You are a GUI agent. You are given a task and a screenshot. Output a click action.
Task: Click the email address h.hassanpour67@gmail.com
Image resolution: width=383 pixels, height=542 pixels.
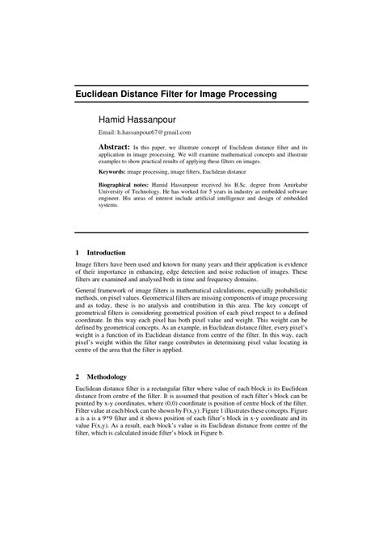pyautogui.click(x=154, y=132)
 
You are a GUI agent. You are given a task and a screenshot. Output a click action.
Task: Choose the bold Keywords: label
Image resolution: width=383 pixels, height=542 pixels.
pyautogui.click(x=114, y=173)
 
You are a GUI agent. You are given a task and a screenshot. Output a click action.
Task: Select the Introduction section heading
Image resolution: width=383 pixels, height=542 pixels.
pyautogui.click(x=107, y=251)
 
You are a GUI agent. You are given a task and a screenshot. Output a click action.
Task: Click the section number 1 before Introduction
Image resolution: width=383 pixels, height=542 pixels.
pyautogui.click(x=78, y=251)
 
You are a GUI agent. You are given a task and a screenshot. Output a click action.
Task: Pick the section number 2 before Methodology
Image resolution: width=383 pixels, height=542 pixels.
pyautogui.click(x=78, y=376)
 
